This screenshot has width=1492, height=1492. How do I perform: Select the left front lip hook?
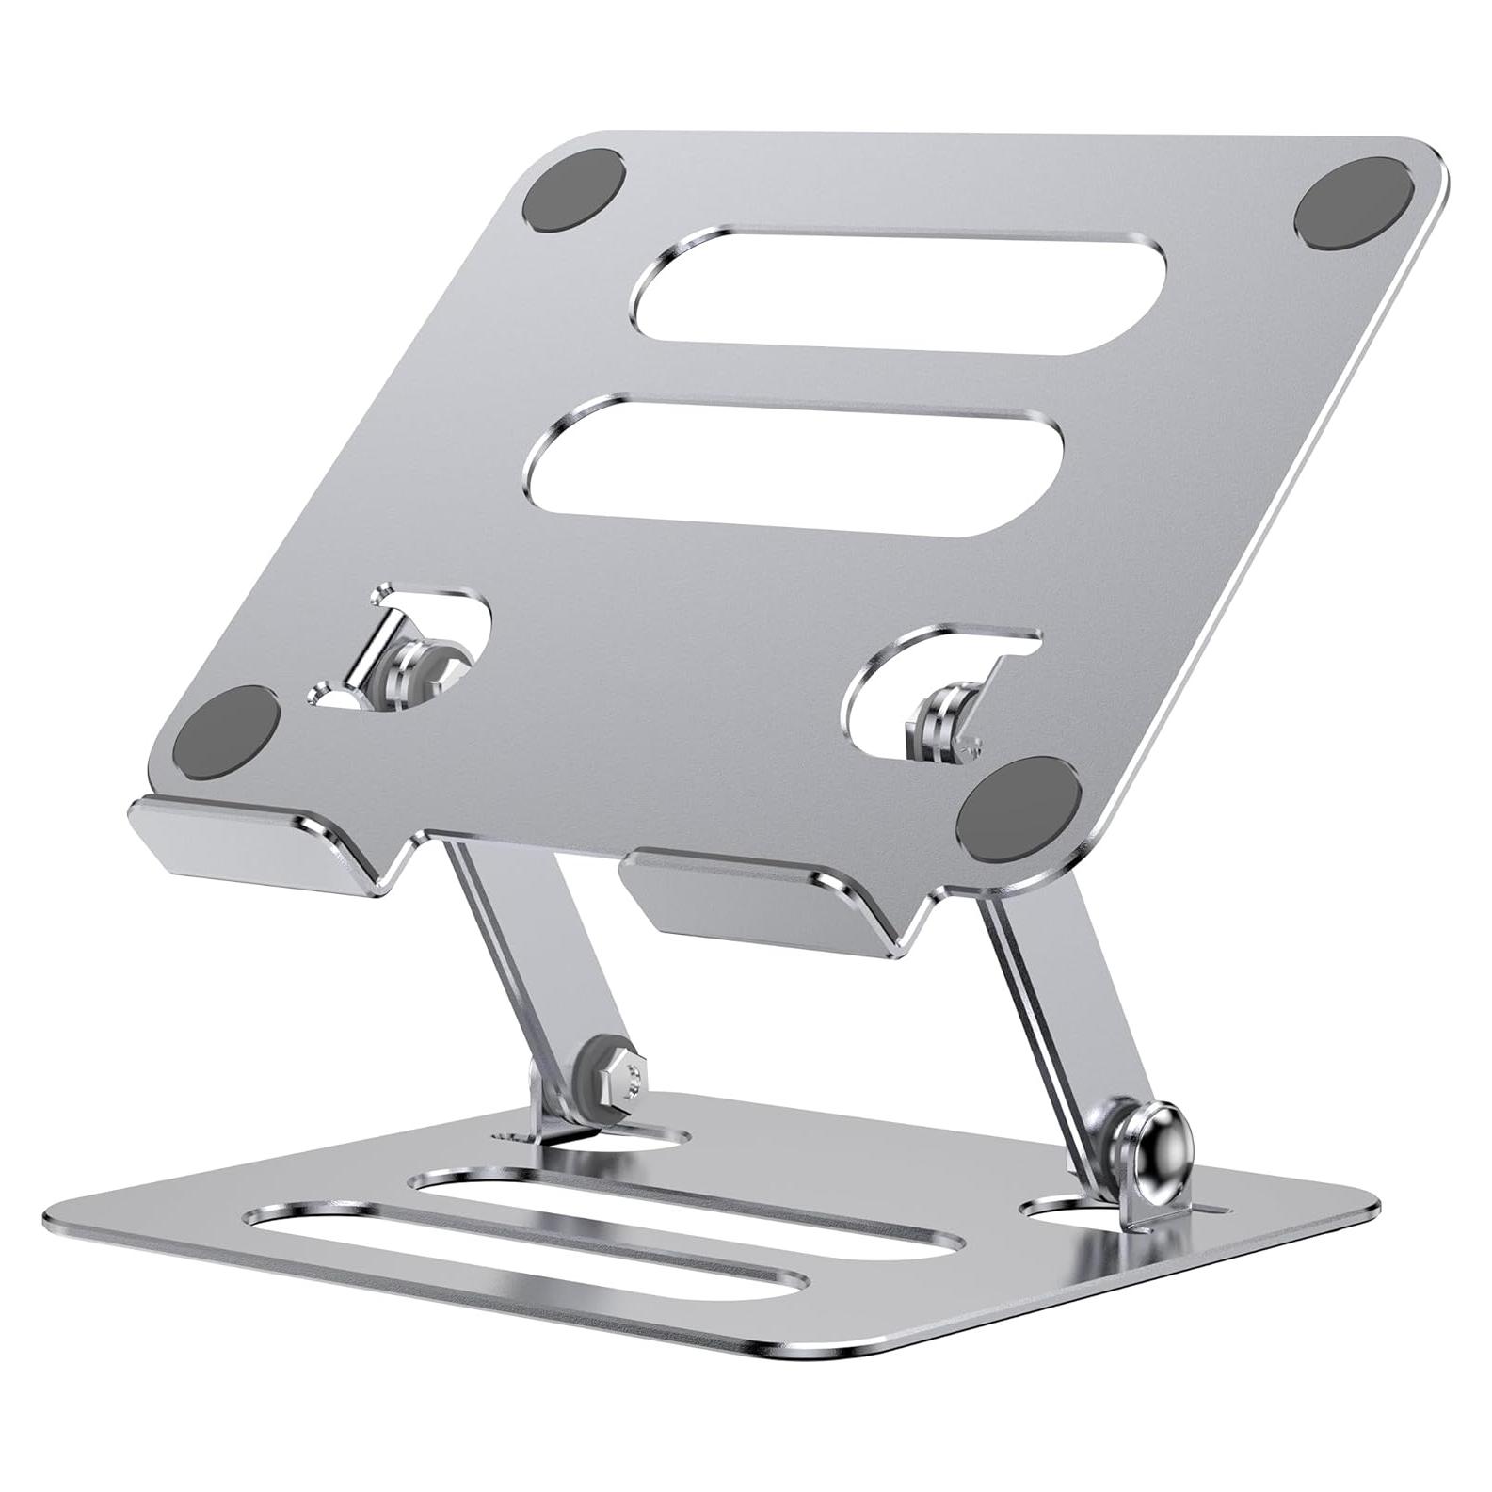[x=254, y=842]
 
